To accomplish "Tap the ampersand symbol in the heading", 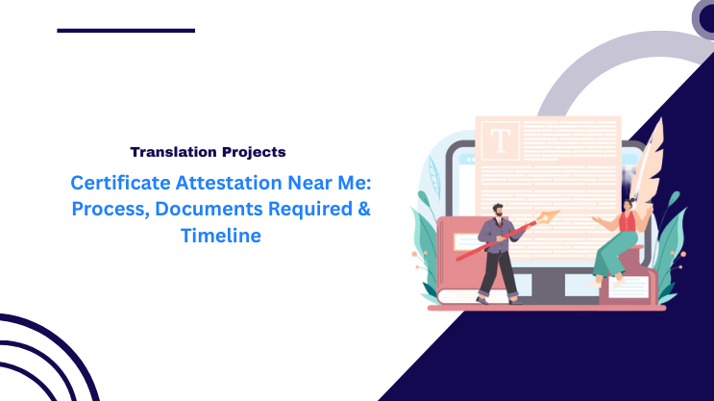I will [362, 210].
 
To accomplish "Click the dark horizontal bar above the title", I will [126, 31].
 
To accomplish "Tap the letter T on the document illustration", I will [501, 140].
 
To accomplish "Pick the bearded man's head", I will [497, 210].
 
